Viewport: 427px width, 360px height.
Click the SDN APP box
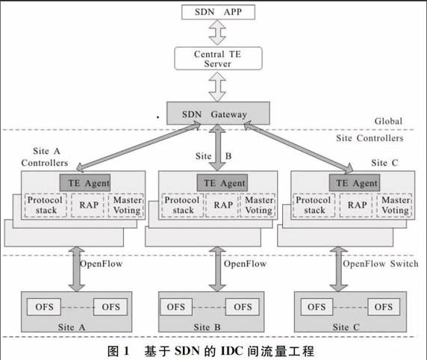[x=218, y=12]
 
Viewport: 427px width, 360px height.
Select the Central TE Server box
[x=218, y=58]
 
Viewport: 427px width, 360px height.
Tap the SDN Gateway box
[x=218, y=114]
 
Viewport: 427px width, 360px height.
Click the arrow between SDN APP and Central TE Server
[x=217, y=32]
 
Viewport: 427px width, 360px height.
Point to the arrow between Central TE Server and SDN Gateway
[x=217, y=87]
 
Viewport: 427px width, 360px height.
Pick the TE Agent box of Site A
[x=85, y=182]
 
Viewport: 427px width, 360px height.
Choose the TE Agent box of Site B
[x=222, y=182]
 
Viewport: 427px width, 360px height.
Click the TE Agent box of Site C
[x=355, y=182]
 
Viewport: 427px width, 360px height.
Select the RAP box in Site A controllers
[x=87, y=205]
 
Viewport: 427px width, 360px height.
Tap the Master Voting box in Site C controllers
[x=394, y=205]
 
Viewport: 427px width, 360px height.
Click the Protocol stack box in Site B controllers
[x=182, y=205]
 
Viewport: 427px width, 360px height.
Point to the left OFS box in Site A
[x=44, y=307]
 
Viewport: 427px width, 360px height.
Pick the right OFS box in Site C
[x=384, y=307]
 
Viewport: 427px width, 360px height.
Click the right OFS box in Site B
[x=243, y=307]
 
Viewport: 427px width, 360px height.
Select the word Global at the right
[x=388, y=121]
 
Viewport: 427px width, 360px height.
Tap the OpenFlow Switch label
[x=381, y=264]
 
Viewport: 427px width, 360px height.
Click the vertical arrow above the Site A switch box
[x=77, y=269]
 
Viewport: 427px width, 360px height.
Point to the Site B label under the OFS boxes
[x=207, y=327]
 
